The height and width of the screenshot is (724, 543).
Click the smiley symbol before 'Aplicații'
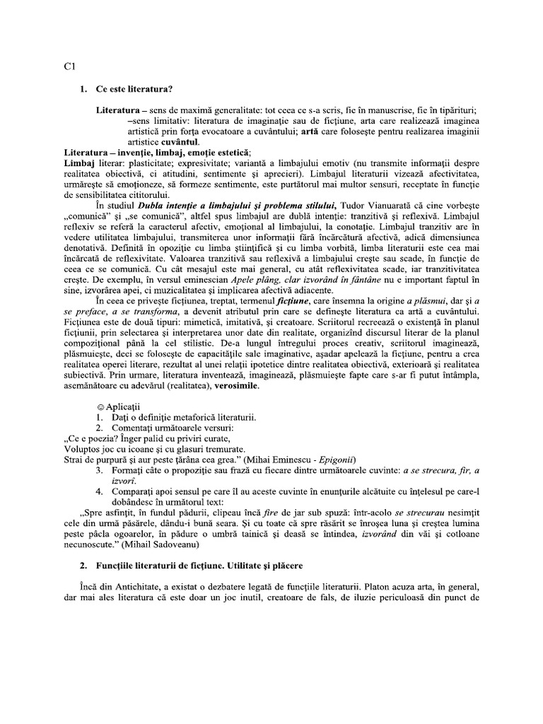click(x=100, y=408)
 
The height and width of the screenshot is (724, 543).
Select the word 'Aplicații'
click(x=123, y=408)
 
